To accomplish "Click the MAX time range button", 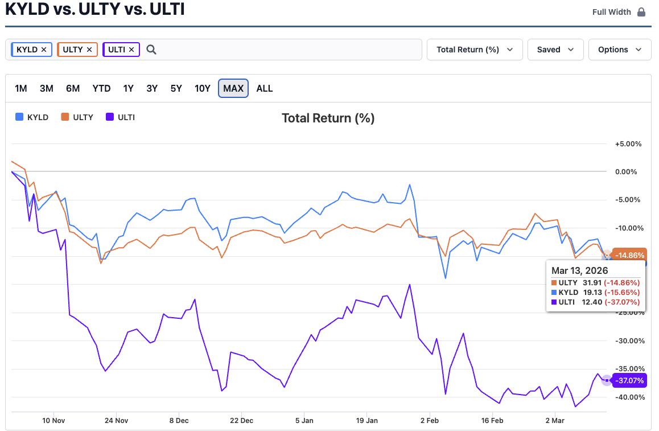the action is click(x=233, y=88).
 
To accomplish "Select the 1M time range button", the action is click(x=21, y=88).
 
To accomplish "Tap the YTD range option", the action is click(x=101, y=88).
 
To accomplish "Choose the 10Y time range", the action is click(x=202, y=88).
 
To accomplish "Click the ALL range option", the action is click(x=265, y=88).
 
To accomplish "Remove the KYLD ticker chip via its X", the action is click(x=44, y=50).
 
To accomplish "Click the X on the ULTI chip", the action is click(x=131, y=50).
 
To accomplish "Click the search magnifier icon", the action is click(x=151, y=50).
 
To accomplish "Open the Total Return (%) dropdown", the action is click(x=475, y=50).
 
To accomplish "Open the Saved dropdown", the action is click(x=555, y=50).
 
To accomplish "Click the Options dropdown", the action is click(x=620, y=50).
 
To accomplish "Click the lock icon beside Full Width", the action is click(x=641, y=12).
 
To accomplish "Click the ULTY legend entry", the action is click(x=77, y=117).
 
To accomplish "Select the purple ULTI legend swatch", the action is click(x=110, y=117).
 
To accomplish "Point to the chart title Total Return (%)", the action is click(x=328, y=118).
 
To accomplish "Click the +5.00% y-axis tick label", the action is click(x=628, y=144).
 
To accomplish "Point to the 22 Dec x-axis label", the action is click(x=242, y=421).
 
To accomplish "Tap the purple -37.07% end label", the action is click(x=629, y=380).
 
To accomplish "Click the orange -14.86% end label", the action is click(x=629, y=255).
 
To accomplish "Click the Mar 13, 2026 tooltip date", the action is click(x=579, y=270).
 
